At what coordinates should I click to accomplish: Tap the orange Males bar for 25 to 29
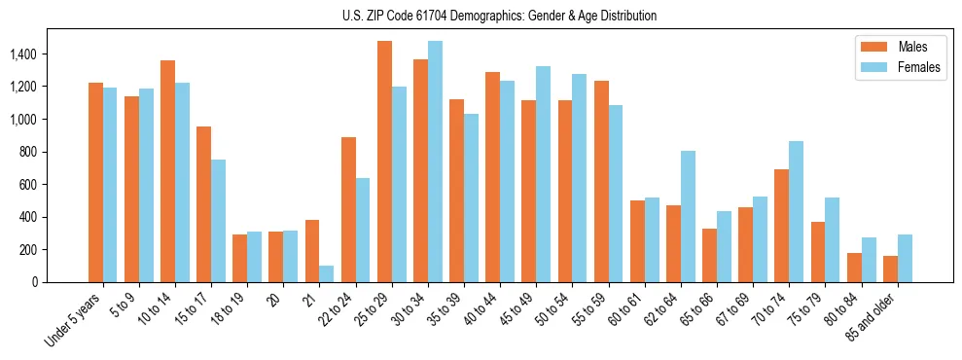384,162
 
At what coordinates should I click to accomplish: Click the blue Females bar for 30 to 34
435,162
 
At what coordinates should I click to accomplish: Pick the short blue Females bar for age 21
327,273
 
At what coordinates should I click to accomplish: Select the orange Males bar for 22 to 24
348,209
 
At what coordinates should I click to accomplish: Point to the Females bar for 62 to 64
688,216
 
